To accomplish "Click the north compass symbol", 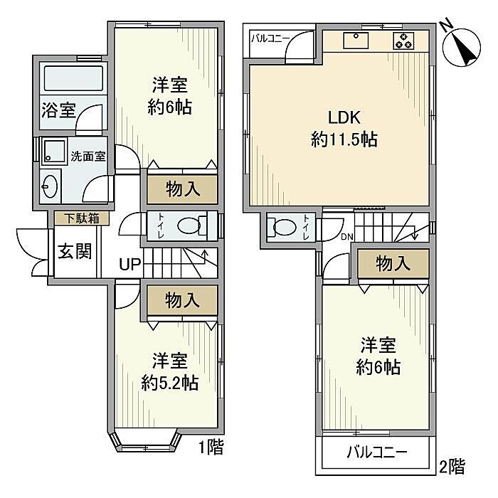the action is tap(462, 45).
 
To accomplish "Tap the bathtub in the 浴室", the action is tap(73, 78).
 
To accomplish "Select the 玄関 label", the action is tap(75, 251).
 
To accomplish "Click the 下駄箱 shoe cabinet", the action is tap(82, 218).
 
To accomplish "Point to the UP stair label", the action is tap(129, 264).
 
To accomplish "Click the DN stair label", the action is tap(347, 236).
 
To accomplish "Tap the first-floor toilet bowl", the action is tap(189, 226).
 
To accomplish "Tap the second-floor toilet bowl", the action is tap(285, 227).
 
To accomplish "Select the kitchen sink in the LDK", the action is tap(356, 41).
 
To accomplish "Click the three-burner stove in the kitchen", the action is tap(403, 41).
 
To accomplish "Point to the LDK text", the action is tap(344, 117).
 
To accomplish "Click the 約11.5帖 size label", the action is tap(344, 139).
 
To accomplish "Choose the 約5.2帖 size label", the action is tap(170, 383).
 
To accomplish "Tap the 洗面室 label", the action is tap(88, 157).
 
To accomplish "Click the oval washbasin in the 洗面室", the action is tap(50, 186).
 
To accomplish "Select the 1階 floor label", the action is tap(211, 447).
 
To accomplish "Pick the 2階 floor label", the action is tap(452, 467).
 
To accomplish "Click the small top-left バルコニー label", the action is tap(270, 38).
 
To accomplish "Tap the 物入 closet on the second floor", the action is tap(393, 264).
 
